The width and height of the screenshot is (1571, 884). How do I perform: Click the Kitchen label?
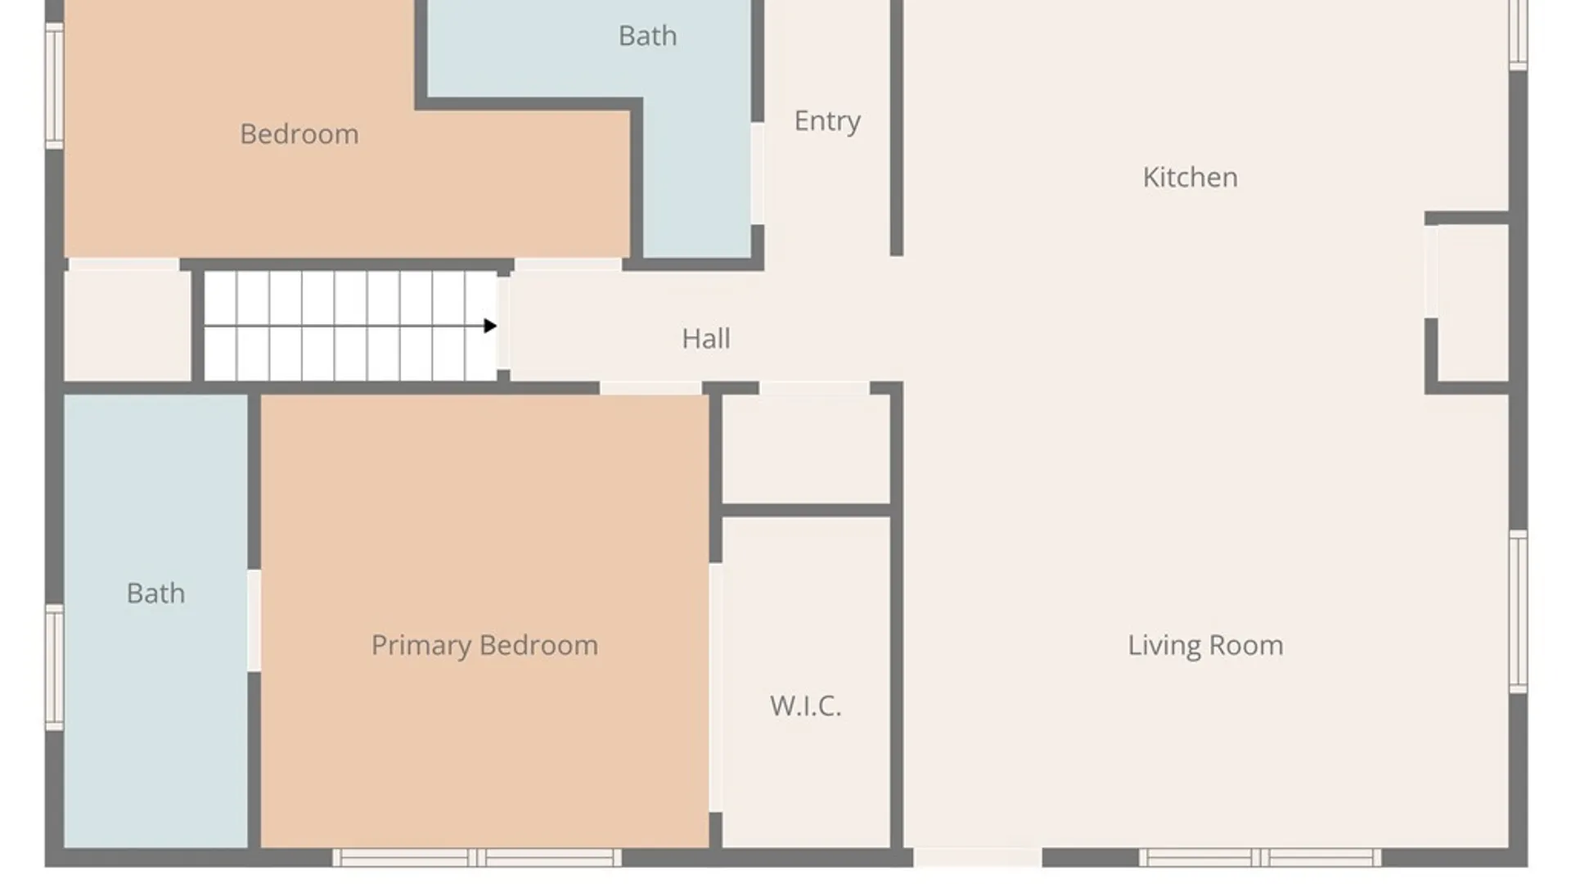click(x=1190, y=177)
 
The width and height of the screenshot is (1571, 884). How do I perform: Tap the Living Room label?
click(x=1205, y=645)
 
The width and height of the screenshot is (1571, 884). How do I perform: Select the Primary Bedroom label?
click(x=484, y=645)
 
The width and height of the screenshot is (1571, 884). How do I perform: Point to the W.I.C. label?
click(x=805, y=706)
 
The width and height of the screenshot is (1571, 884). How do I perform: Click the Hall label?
click(x=706, y=338)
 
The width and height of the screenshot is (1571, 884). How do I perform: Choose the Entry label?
click(x=827, y=121)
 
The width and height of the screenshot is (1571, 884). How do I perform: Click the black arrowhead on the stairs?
click(x=490, y=326)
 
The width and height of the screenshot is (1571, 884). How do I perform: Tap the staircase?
click(x=350, y=326)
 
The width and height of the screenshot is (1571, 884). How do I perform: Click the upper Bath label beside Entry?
click(x=647, y=36)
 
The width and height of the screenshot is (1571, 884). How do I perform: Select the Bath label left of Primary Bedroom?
click(x=155, y=593)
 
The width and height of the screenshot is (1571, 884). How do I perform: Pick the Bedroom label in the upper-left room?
click(x=299, y=133)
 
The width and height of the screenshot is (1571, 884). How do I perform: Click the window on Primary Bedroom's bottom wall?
click(x=477, y=858)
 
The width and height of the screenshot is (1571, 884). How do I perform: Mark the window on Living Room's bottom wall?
click(x=1260, y=858)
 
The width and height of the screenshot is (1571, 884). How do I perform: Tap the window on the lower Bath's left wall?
click(x=54, y=667)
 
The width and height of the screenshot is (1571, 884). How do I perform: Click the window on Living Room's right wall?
click(x=1518, y=611)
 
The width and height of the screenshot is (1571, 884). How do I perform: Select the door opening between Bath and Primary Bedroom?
click(x=254, y=621)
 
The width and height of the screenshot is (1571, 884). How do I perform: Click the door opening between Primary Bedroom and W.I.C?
click(x=716, y=688)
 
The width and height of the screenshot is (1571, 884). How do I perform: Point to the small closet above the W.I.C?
click(x=806, y=449)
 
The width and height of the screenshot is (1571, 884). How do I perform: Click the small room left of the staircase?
click(x=128, y=326)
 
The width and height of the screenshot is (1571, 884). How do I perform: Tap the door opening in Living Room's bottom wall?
click(x=977, y=858)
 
